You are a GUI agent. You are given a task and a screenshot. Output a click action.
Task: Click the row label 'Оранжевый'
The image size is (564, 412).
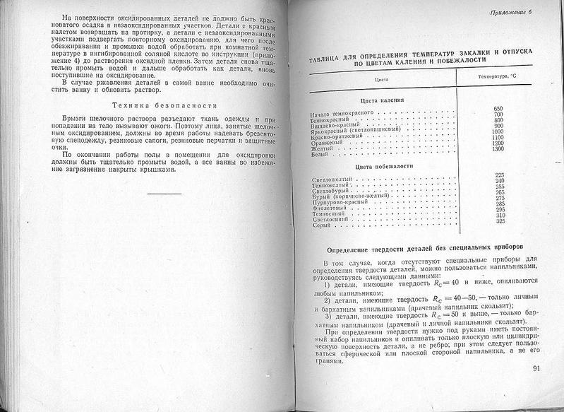coord(326,143)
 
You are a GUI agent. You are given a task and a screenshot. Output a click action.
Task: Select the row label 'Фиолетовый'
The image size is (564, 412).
coord(328,208)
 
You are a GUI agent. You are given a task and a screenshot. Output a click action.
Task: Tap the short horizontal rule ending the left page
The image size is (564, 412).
coord(164,192)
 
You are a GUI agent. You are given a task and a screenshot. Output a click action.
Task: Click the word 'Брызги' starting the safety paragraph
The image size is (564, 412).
coord(78,119)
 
